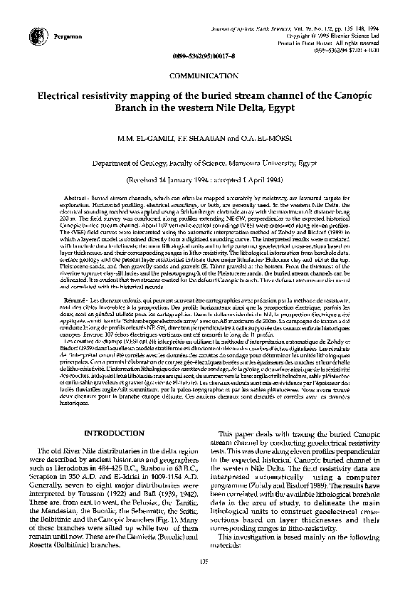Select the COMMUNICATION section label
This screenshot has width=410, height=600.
(204, 75)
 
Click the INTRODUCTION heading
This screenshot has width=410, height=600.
(115, 432)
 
